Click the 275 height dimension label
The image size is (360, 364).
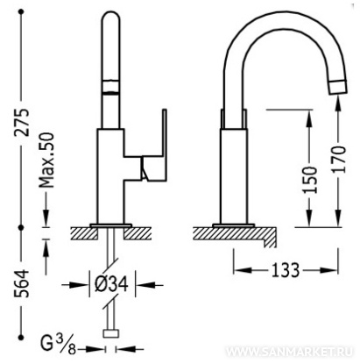tap(22, 122)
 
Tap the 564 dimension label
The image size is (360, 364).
tap(22, 283)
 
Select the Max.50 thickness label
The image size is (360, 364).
tap(47, 161)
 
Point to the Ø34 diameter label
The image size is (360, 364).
tap(112, 284)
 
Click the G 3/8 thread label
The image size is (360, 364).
tap(58, 345)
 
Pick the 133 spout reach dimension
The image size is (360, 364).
tap(286, 269)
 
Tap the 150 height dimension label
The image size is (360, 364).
tap(309, 179)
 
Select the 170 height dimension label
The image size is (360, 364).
tap(339, 160)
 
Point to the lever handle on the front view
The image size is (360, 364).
tap(154, 151)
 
